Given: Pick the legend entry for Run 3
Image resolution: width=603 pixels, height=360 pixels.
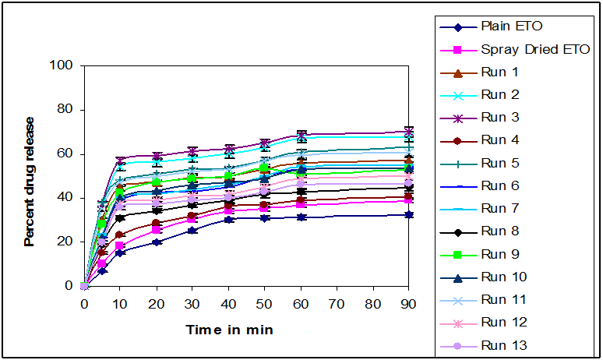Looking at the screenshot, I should point(499,118).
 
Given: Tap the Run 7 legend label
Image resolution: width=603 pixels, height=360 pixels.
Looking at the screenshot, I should point(499,208).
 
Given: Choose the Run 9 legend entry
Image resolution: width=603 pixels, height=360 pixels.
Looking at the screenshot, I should point(499,254).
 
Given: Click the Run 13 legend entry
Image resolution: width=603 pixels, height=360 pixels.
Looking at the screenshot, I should point(502,345).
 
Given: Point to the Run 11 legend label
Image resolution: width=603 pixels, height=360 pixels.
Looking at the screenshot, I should point(502,299).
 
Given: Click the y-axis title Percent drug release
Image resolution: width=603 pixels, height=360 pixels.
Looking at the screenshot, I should point(30,181).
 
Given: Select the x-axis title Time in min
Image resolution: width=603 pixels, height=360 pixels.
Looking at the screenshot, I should point(229,330).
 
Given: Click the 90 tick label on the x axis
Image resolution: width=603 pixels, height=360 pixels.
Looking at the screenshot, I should point(410,305).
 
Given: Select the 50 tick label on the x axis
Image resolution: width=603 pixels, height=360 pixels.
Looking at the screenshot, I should point(265,305).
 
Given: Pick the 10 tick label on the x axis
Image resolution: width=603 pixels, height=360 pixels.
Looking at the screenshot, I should point(120,305).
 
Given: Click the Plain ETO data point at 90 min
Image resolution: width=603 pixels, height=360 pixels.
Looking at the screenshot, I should point(410,214).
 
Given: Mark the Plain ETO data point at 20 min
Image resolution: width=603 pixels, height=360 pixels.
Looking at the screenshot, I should point(157,242).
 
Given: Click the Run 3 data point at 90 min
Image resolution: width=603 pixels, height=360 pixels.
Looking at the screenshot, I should point(410,132).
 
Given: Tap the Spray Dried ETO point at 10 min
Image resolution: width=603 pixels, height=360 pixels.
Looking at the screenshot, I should point(120,245).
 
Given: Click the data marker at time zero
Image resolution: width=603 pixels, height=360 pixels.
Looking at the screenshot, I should point(84,286).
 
